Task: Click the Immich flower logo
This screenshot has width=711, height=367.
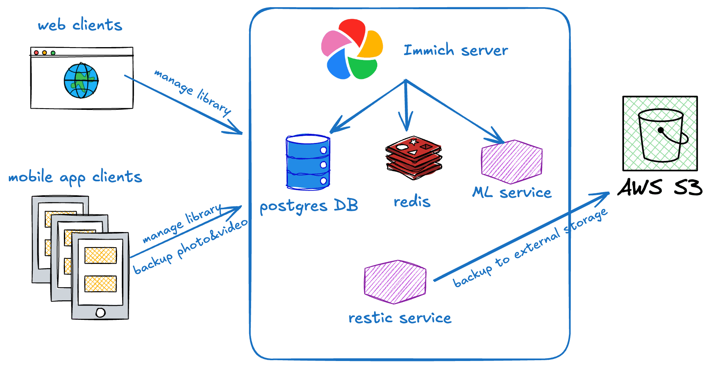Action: point(352,49)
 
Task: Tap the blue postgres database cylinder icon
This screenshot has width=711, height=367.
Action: point(308,162)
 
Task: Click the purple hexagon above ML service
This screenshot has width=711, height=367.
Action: point(511,161)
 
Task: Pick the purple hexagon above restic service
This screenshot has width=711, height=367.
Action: point(395,282)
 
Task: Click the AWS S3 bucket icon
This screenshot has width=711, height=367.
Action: point(660,133)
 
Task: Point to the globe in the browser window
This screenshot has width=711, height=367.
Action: point(81,80)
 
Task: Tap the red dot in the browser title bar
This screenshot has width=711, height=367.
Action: point(36,53)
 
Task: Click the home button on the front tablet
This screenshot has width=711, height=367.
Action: point(101,313)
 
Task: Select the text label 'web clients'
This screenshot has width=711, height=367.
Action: point(80,25)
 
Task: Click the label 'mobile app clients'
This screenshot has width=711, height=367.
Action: point(75,177)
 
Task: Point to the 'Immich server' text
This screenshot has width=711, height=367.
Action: point(455,50)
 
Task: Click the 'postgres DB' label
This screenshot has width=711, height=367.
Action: point(308,206)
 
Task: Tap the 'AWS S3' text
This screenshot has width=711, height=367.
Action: point(660,187)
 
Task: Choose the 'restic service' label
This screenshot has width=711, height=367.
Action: point(400,318)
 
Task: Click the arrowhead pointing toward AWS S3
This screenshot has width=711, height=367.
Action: point(603,195)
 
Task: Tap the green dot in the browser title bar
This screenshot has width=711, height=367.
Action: point(53,53)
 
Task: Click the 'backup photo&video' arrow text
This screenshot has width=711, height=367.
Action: point(190,248)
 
